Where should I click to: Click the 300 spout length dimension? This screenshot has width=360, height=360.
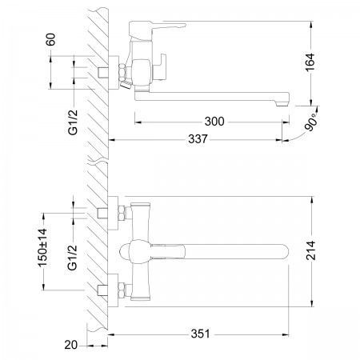pos(214,122)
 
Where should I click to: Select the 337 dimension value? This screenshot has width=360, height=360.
pos(198,139)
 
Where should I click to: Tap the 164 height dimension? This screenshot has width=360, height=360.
pos(310,62)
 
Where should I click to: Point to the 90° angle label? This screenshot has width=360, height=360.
pos(311,122)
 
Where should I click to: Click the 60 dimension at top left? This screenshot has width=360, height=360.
pos(51,39)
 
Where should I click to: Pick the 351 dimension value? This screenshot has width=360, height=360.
pos(200,334)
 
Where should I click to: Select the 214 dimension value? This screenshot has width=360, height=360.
pos(310,250)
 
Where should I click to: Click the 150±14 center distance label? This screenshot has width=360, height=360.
pos(42,248)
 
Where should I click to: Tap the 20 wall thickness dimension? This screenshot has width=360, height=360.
pos(70,345)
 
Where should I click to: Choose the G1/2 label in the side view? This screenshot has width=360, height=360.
pos(73,122)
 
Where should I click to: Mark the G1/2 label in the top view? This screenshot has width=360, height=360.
pos(73,258)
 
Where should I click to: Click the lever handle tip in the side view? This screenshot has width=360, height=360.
pos(184,25)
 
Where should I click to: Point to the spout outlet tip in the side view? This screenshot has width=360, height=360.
pos(282,104)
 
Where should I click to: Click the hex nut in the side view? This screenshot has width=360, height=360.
pos(122,72)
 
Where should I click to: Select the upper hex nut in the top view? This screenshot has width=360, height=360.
pos(122,213)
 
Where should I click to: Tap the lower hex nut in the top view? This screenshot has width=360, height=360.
pos(122,290)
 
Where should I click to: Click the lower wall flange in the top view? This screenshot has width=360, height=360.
pos(113,290)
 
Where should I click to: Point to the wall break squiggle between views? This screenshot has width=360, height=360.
pos(98,161)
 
